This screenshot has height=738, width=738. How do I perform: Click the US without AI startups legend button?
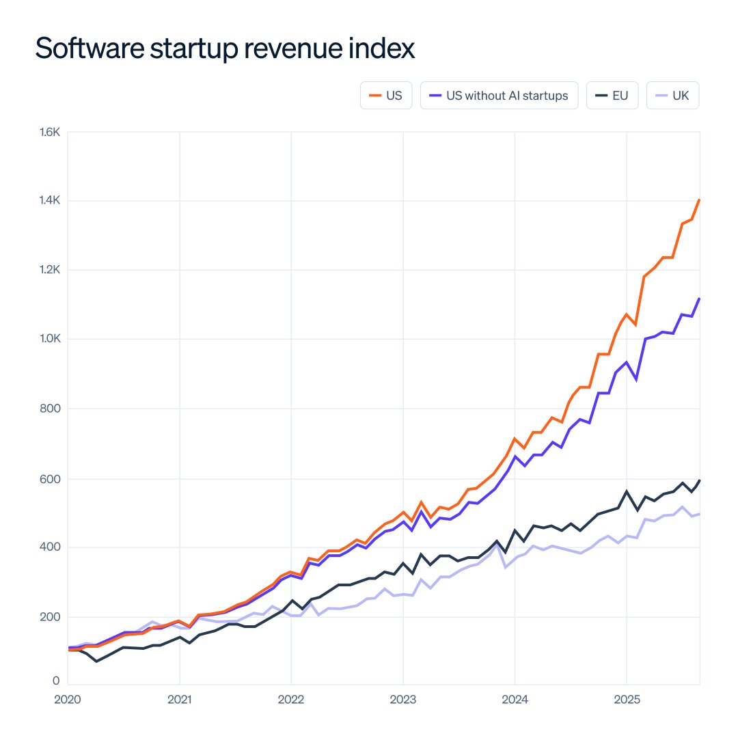tap(499, 96)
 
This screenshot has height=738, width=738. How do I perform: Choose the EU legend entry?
tap(612, 96)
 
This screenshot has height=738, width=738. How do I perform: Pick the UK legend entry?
tap(672, 96)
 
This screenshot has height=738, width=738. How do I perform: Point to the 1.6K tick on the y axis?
tap(50, 131)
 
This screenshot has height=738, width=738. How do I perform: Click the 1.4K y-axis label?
tap(50, 200)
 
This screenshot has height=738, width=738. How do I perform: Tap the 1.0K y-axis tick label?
tap(50, 339)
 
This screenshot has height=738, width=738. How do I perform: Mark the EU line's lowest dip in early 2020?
tap(96, 661)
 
